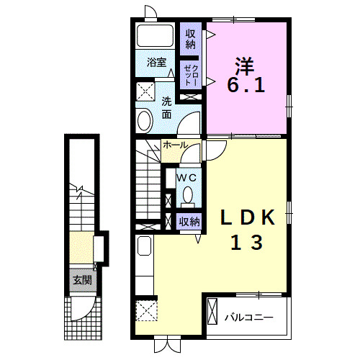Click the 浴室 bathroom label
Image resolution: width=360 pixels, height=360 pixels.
click(x=156, y=63)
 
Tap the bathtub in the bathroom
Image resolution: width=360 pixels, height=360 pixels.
click(x=155, y=35)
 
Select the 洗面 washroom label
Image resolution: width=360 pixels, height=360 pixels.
click(x=166, y=108)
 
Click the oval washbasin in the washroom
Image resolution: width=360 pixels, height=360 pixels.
click(x=145, y=120)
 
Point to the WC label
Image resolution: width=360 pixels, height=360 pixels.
click(x=186, y=178)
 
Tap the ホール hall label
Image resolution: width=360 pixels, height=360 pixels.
click(x=175, y=145)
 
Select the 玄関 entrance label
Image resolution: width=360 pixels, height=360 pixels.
click(x=82, y=280)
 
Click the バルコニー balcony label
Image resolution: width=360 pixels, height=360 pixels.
click(x=249, y=318)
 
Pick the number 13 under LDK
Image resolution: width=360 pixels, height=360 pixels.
click(x=247, y=243)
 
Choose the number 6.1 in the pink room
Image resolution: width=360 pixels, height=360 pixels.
click(x=246, y=85)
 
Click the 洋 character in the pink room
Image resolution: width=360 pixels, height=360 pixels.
click(x=245, y=66)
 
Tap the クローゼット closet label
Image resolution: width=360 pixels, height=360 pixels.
click(x=192, y=75)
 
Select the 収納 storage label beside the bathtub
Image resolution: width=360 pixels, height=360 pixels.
click(x=191, y=39)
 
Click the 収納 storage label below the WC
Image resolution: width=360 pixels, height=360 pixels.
click(x=189, y=222)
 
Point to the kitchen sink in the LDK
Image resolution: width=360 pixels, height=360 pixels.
click(x=144, y=246)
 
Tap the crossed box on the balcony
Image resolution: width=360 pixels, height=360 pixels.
click(x=212, y=311)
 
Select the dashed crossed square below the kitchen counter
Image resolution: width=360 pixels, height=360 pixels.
click(x=146, y=310)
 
